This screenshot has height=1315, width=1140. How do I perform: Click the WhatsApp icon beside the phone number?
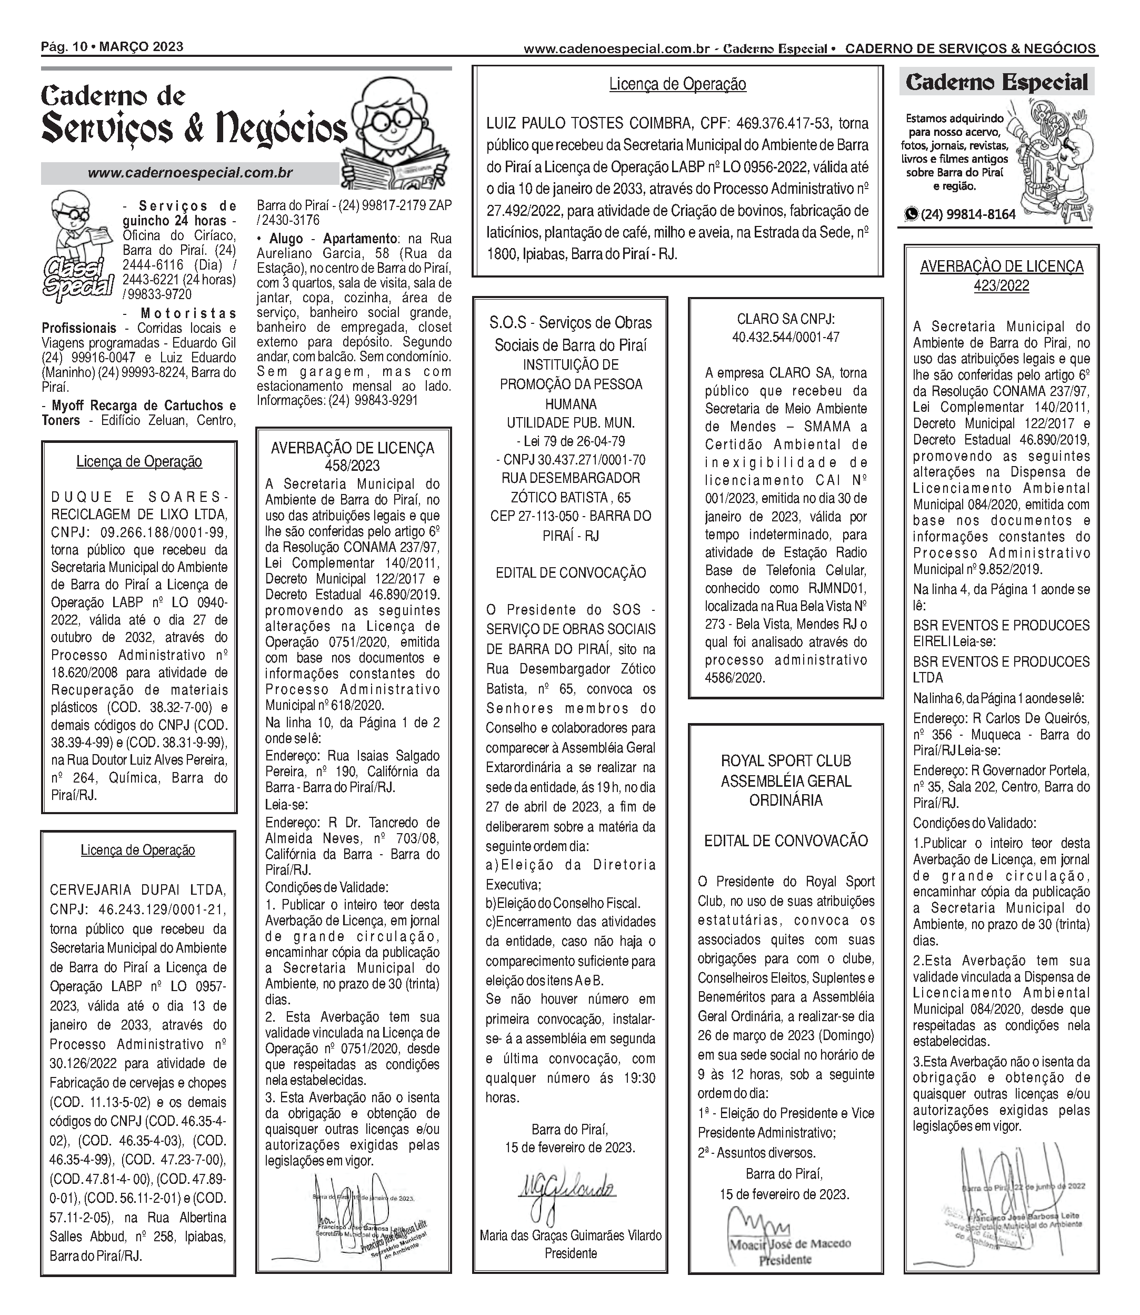point(912,214)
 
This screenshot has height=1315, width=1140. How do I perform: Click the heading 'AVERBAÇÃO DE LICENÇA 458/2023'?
point(353,456)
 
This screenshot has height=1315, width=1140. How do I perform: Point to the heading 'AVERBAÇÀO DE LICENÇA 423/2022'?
point(1002,275)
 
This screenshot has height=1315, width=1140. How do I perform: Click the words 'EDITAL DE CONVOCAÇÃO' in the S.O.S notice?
point(570,572)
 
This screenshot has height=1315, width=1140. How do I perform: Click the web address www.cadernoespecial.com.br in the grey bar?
point(189,173)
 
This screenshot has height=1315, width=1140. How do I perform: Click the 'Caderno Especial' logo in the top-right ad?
point(996,82)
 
